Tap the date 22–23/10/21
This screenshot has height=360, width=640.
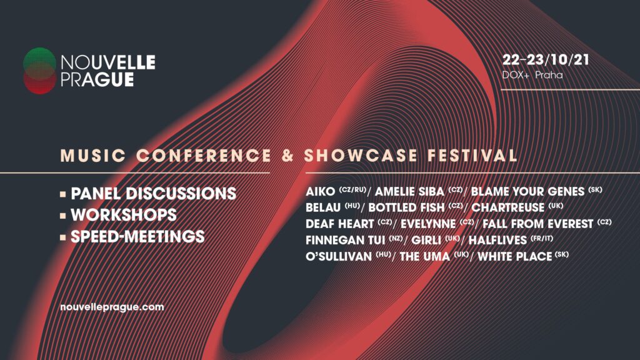point(546,60)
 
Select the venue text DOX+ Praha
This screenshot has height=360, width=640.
point(532,75)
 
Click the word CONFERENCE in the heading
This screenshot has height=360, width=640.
point(204,156)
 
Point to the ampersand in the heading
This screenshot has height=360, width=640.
point(287,156)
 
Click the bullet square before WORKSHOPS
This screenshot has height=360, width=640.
point(63,216)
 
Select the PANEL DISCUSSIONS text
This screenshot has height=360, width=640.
point(154,194)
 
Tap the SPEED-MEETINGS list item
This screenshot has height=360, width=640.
point(137,237)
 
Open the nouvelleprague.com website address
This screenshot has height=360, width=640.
point(112,307)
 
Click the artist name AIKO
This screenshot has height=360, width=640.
point(321,191)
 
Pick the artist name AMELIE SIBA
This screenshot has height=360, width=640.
point(409,191)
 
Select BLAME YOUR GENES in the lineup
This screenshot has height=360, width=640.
point(527,191)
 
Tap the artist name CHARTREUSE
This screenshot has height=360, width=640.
point(507,207)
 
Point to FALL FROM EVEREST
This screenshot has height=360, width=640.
point(538,224)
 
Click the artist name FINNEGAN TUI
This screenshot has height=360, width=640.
point(345,240)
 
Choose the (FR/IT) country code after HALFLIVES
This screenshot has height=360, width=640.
point(542,238)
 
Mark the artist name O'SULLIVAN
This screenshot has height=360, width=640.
point(339,256)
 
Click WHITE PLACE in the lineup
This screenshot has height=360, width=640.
point(515,256)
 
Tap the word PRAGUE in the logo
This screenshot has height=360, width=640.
point(97,79)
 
